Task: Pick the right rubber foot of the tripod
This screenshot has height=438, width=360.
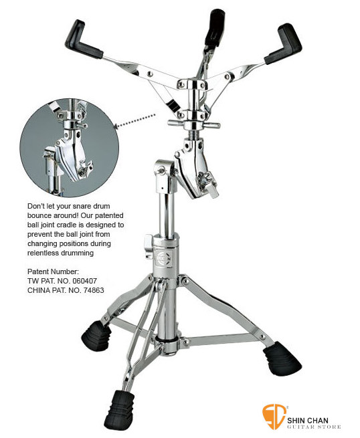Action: pyautogui.click(x=282, y=358)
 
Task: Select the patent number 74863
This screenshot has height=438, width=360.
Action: pyautogui.click(x=94, y=290)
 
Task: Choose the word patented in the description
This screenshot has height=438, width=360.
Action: pyautogui.click(x=109, y=215)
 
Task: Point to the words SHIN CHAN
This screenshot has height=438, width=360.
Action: pyautogui.click(x=308, y=420)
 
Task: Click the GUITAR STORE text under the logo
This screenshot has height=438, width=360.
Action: pyautogui.click(x=314, y=427)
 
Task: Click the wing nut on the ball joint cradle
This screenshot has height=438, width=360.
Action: pyautogui.click(x=207, y=182)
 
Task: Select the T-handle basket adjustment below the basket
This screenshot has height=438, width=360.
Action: pyautogui.click(x=194, y=124)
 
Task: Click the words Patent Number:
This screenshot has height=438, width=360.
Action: pyautogui.click(x=53, y=271)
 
